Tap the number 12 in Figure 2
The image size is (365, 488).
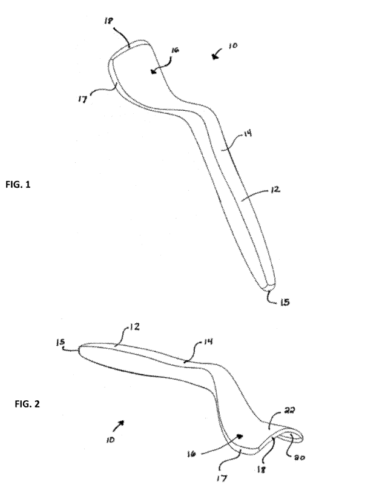pos(135,328)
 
